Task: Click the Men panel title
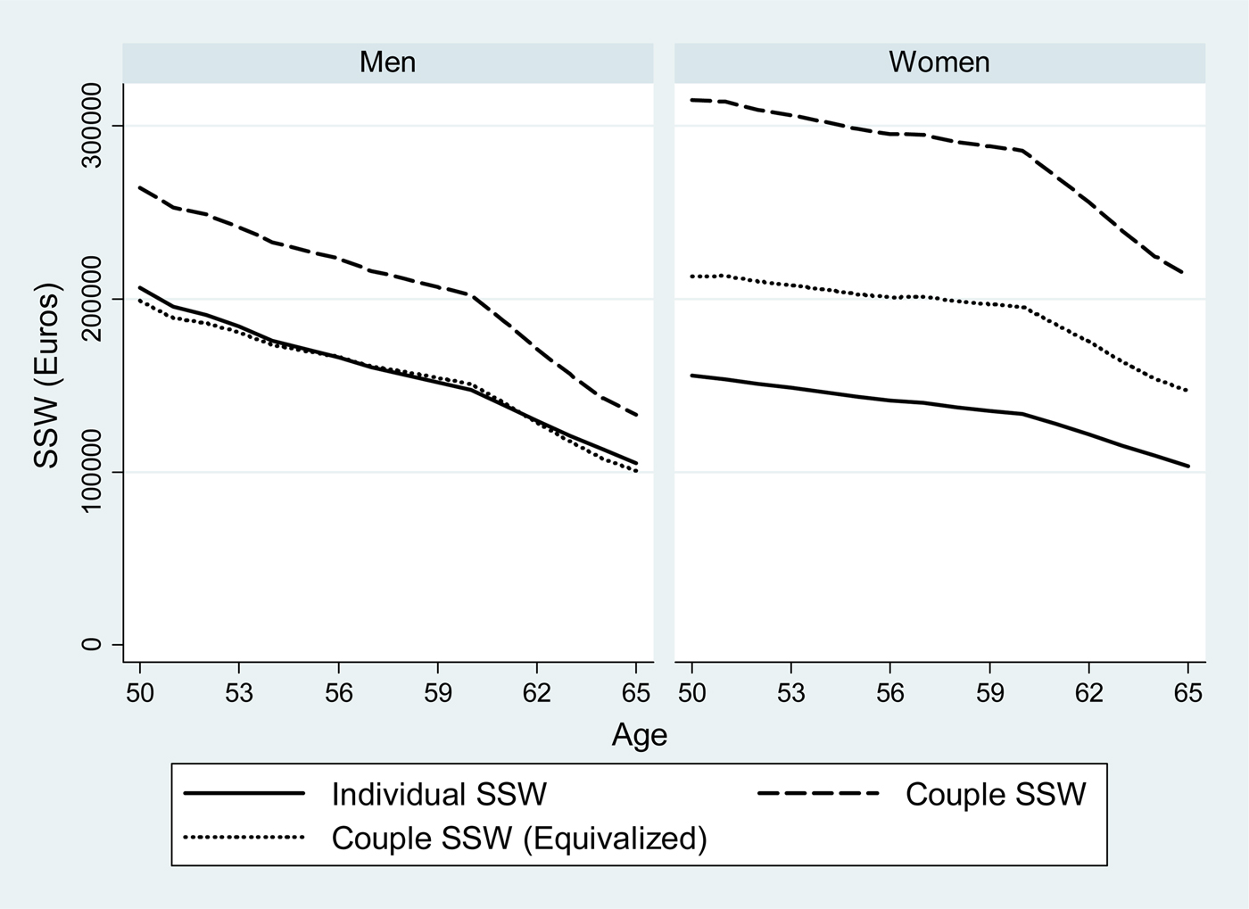point(387,62)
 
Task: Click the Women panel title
point(939,62)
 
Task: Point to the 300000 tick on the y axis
point(92,126)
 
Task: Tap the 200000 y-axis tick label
point(92,299)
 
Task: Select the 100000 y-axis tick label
point(92,472)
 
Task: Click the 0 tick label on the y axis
point(92,644)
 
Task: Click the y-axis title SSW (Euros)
point(46,375)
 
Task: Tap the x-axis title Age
point(639,735)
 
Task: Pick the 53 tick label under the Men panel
point(239,693)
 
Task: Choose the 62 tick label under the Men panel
point(536,693)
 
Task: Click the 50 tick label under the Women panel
point(691,693)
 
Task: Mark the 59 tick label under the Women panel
point(989,693)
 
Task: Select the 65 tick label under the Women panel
point(1187,693)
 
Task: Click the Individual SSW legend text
point(438,794)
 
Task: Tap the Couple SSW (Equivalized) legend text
point(518,839)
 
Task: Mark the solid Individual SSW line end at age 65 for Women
point(1187,466)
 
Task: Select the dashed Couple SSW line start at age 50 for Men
point(140,187)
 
